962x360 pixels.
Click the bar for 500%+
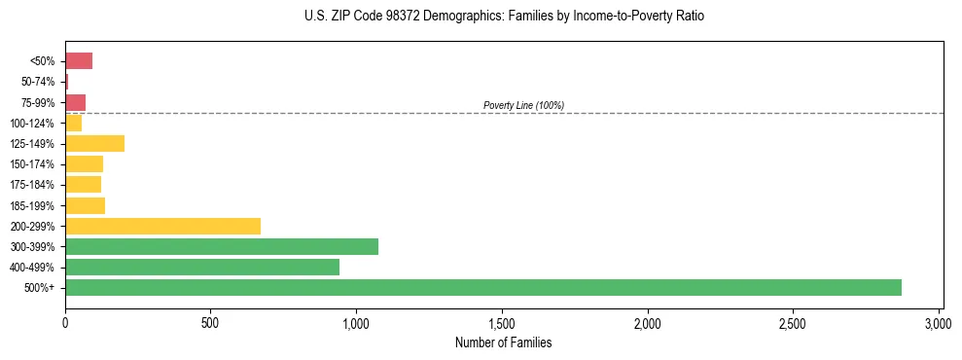(x=483, y=287)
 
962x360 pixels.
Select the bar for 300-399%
(x=222, y=246)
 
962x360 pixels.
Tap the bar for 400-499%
(x=202, y=267)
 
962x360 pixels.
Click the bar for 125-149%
(x=94, y=144)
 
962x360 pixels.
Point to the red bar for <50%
(x=79, y=61)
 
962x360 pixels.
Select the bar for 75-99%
(x=75, y=102)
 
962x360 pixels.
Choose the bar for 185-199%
(x=85, y=205)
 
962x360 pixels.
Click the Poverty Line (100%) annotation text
(x=523, y=105)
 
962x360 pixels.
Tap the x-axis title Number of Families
(x=504, y=342)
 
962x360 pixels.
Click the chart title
(x=504, y=17)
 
